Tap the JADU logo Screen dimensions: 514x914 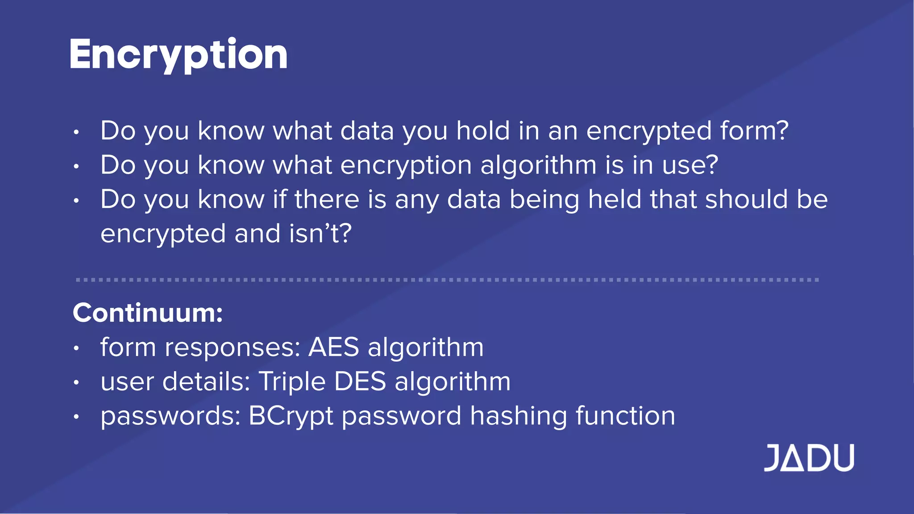[809, 458]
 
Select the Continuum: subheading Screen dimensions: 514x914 [148, 313]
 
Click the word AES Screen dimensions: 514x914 [334, 347]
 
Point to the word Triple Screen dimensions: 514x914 [292, 382]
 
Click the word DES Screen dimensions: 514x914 [360, 382]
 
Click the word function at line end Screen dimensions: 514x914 [625, 416]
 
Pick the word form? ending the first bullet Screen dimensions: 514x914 [754, 131]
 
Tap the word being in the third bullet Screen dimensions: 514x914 [544, 200]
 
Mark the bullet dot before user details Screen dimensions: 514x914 [76, 383]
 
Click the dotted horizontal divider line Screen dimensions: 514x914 [446, 280]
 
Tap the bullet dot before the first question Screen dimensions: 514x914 [76, 132]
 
